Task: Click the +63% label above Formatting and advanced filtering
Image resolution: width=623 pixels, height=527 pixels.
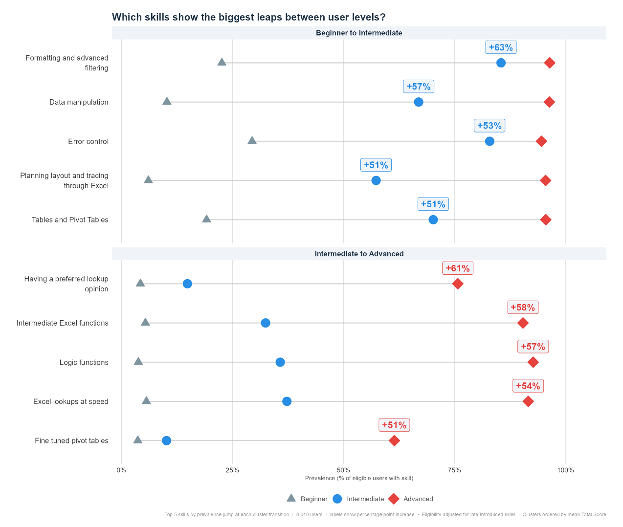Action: tap(501, 47)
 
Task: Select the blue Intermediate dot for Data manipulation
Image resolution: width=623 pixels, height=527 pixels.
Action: tap(419, 102)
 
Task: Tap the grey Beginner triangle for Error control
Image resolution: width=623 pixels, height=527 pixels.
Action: tap(252, 141)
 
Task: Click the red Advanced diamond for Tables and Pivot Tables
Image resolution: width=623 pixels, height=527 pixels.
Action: tap(546, 220)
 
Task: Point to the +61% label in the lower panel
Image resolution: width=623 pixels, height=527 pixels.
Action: tap(458, 268)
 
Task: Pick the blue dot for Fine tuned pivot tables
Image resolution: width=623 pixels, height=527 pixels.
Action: tap(166, 440)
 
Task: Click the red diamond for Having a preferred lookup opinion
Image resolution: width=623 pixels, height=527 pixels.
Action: tap(458, 284)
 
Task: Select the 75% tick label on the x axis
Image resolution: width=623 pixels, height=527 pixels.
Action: tap(454, 470)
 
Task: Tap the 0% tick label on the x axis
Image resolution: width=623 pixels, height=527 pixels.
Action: tap(121, 470)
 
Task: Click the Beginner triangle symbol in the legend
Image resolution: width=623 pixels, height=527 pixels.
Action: tap(291, 498)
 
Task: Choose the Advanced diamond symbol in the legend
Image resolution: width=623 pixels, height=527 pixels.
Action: tap(394, 499)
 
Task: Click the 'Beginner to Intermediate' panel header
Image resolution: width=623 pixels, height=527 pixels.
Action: tap(359, 33)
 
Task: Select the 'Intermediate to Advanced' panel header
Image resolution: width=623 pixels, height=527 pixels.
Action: tap(359, 254)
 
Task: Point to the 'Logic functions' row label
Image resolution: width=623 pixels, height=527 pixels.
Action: tap(84, 362)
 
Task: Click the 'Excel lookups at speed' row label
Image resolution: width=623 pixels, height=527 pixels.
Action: tap(70, 401)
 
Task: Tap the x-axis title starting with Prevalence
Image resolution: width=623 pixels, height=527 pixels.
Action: tap(359, 478)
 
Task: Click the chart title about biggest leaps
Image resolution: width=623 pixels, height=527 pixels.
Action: tap(248, 17)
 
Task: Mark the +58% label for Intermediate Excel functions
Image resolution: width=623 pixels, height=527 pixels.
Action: tap(523, 307)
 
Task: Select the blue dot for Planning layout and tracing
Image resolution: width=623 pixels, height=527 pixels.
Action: tap(376, 180)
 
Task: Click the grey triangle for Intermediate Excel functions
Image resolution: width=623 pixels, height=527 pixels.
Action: tap(145, 322)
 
